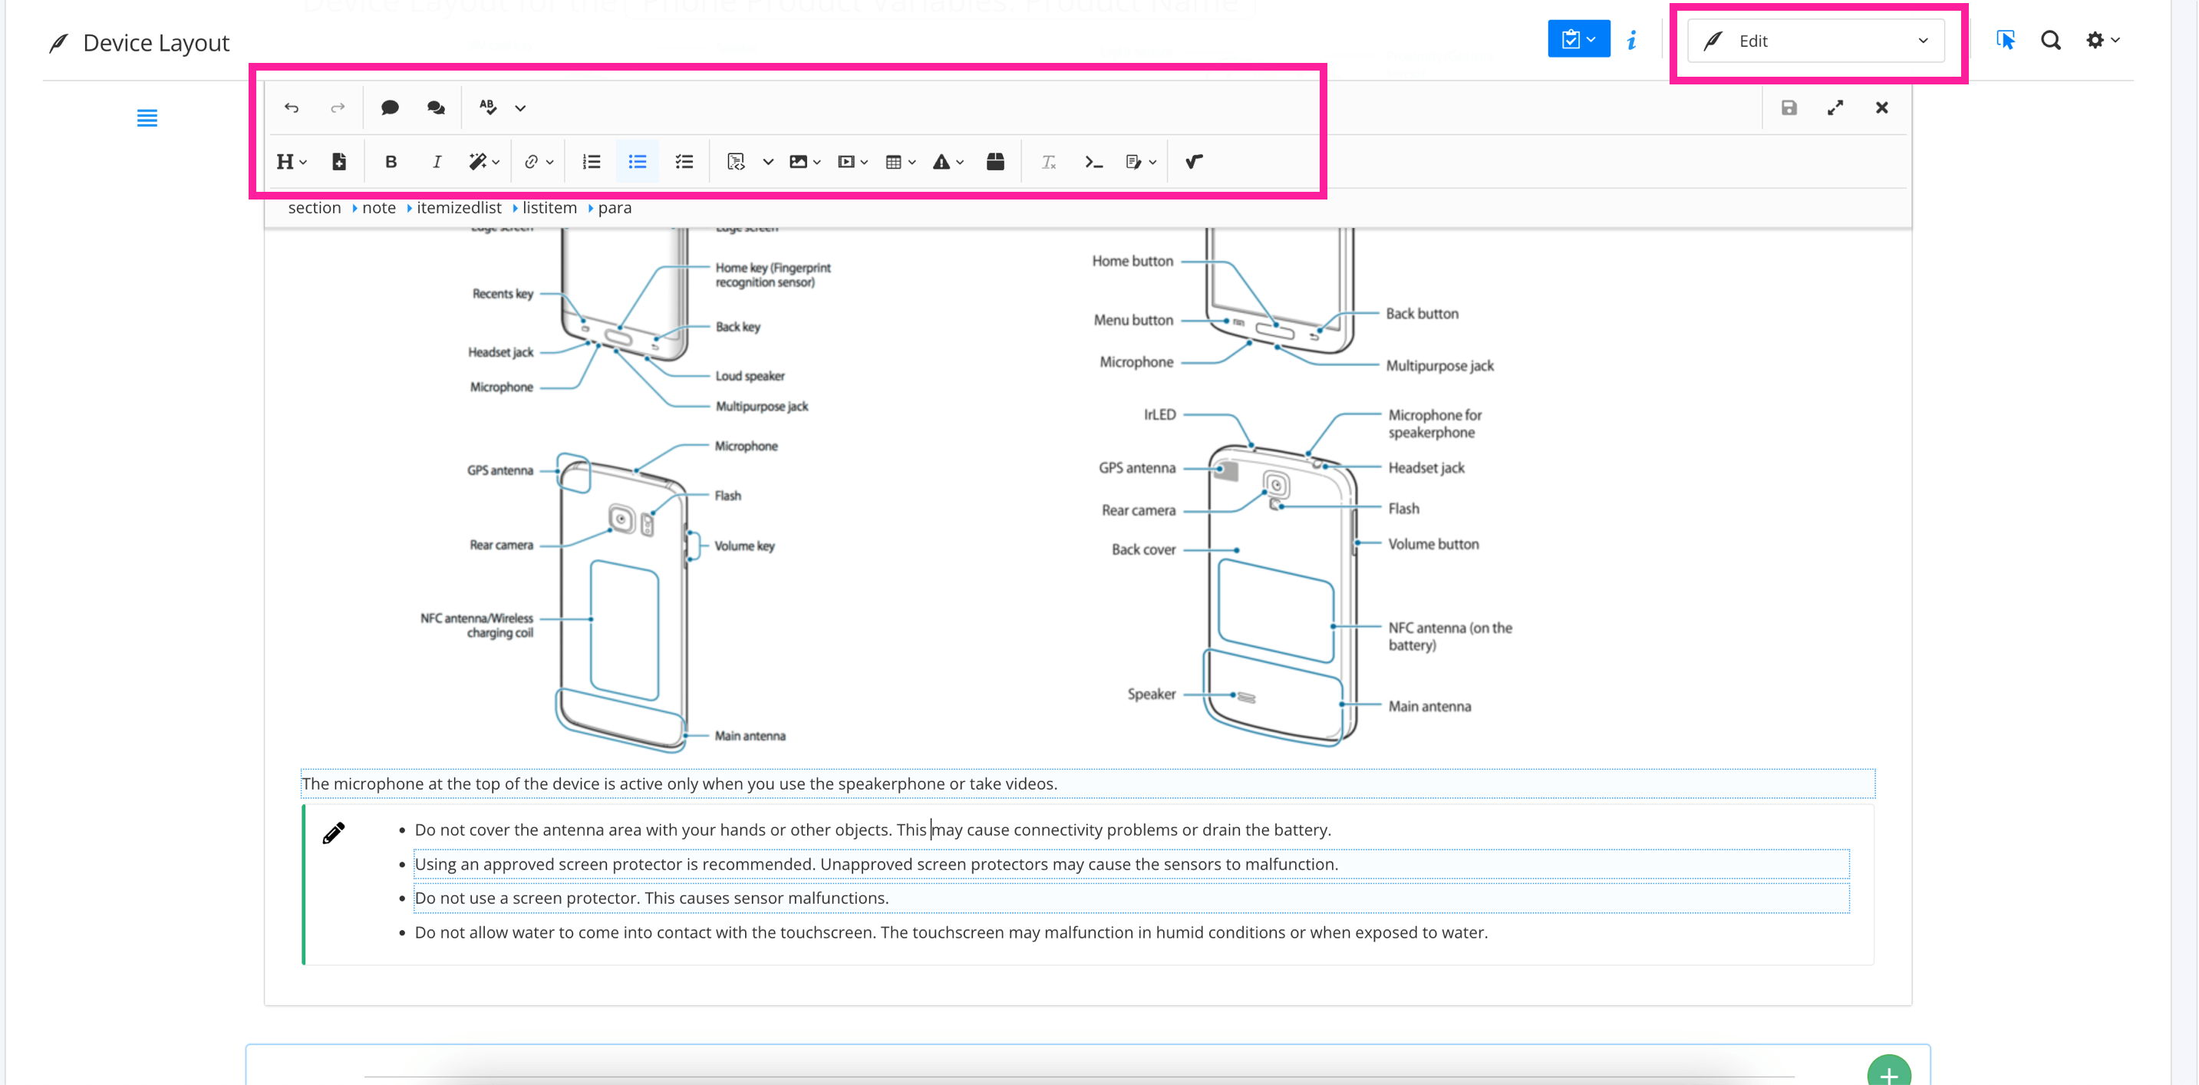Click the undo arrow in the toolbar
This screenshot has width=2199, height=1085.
click(291, 107)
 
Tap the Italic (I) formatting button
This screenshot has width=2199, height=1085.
click(437, 161)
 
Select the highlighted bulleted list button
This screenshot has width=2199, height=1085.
click(637, 161)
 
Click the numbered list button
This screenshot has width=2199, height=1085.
click(591, 161)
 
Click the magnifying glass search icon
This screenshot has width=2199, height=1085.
click(2050, 40)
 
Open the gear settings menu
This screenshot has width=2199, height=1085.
click(2102, 40)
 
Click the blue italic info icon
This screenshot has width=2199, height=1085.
click(1631, 40)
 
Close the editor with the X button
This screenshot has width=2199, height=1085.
click(1881, 107)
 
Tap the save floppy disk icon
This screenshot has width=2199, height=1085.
click(1789, 107)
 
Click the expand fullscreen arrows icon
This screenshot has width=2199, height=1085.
click(1835, 107)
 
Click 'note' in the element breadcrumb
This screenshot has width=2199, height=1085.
click(378, 207)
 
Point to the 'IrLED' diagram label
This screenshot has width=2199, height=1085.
click(1159, 415)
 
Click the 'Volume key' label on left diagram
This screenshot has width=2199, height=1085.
click(743, 546)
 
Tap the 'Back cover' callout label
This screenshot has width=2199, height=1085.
click(1143, 549)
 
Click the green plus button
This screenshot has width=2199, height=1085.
click(1888, 1072)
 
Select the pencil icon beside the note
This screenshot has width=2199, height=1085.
click(334, 833)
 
